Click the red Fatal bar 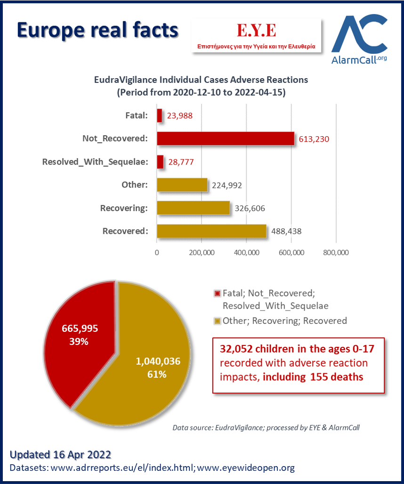tap(160, 115)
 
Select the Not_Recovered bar tap(226, 139)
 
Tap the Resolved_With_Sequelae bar tap(160, 162)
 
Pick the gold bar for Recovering tap(194, 208)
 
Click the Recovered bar tap(211, 231)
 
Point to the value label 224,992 tap(227, 185)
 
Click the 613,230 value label tap(314, 139)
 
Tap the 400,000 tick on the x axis tap(246, 253)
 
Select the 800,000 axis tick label tap(336, 253)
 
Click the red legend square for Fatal tap(218, 293)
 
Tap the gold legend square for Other tap(218, 321)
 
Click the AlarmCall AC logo tap(360, 39)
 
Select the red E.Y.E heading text tap(256, 30)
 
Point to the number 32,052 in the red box tap(236, 349)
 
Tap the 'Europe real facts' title tap(97, 30)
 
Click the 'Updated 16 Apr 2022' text tap(60, 455)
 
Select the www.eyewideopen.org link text tap(246, 468)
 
